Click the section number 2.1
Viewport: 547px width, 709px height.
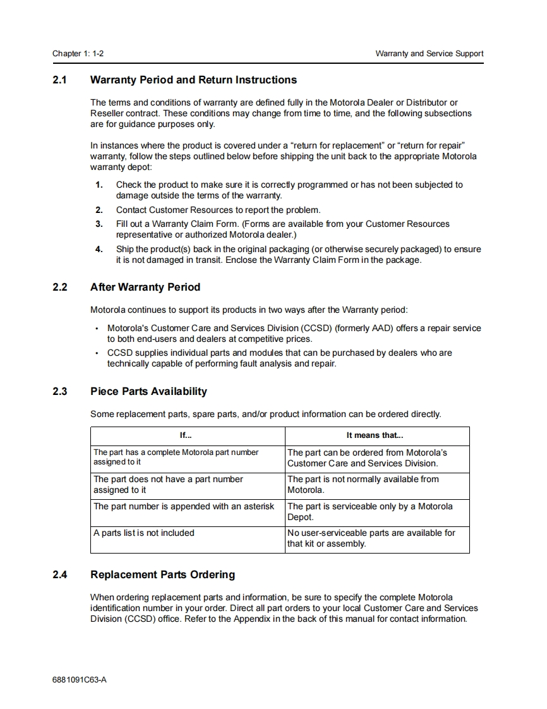(59, 80)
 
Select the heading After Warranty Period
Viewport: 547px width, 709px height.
(145, 288)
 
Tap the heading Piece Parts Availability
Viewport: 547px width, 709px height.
(148, 392)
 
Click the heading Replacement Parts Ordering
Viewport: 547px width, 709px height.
(162, 575)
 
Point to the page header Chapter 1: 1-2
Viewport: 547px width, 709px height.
(78, 54)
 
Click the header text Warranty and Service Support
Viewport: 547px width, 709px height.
(429, 54)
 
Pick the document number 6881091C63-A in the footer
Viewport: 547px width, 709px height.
(80, 680)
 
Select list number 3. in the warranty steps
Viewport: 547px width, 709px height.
(99, 224)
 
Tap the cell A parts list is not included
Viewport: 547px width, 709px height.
(144, 533)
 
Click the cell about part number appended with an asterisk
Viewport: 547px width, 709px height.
(184, 507)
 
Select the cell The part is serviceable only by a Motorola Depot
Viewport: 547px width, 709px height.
(370, 512)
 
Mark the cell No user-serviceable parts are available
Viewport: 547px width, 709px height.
(371, 538)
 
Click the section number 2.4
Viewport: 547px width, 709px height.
(59, 575)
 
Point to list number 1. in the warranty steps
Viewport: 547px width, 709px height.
(99, 185)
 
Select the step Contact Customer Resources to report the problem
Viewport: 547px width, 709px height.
(218, 210)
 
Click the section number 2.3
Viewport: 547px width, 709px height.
(59, 392)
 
